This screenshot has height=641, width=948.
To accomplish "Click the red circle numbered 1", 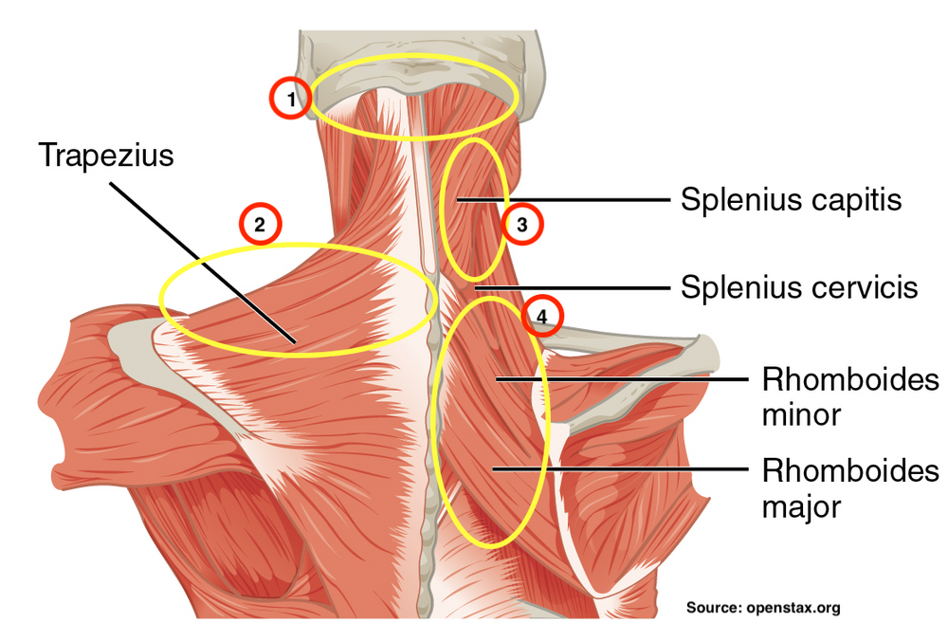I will coord(291,98).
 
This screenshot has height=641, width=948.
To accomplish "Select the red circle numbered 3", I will coord(520,225).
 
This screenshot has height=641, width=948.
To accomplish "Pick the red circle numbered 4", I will coord(542,319).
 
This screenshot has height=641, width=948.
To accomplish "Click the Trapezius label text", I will coord(106,155).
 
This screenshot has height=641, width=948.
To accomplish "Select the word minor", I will coord(801,415).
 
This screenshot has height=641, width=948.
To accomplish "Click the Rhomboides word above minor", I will coord(850,380).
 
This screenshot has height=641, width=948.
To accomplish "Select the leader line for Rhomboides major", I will coord(616,468).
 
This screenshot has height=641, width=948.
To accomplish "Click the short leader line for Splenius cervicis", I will coord(569,286).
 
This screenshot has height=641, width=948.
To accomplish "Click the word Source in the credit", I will coord(712,608).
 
